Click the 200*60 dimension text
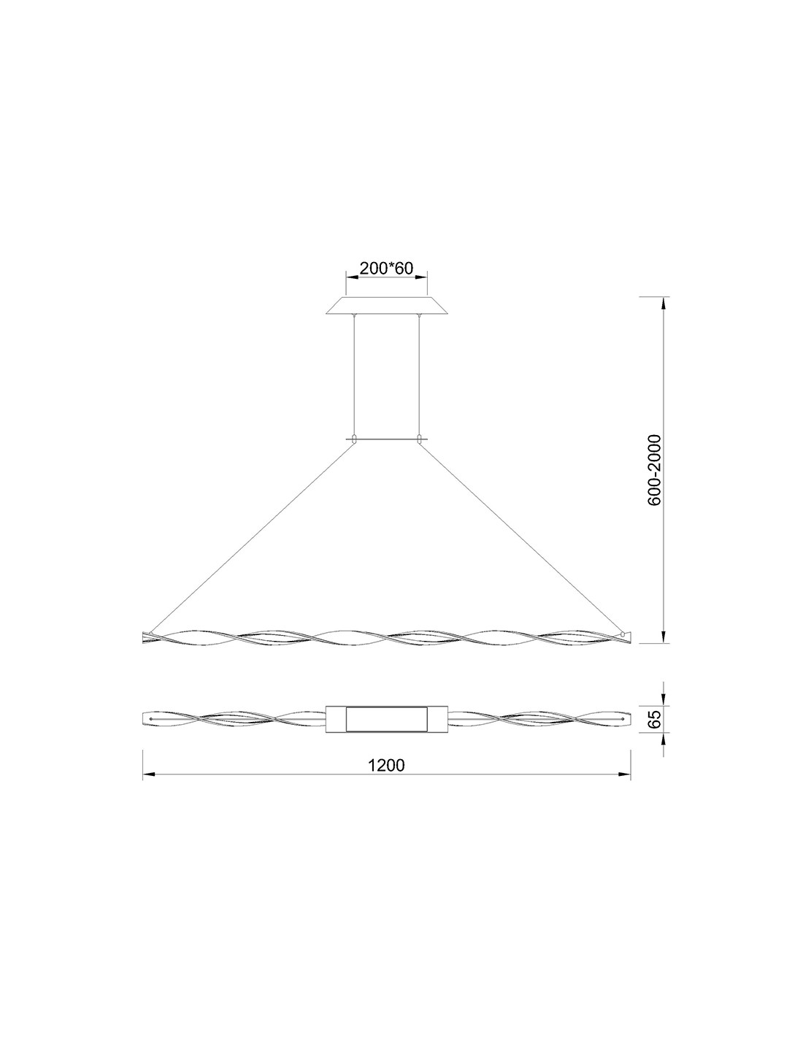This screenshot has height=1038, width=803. coord(386,268)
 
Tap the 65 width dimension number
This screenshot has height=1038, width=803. coord(654,718)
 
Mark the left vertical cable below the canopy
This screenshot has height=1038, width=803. coord(354,376)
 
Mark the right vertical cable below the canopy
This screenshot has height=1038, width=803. coord(419,376)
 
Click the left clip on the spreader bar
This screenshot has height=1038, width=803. coord(354,439)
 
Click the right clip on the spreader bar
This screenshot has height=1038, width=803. coord(419,439)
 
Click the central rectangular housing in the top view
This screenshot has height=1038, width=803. coord(386,718)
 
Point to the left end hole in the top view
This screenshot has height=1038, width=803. coord(150,719)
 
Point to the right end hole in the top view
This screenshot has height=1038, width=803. coord(622,719)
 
